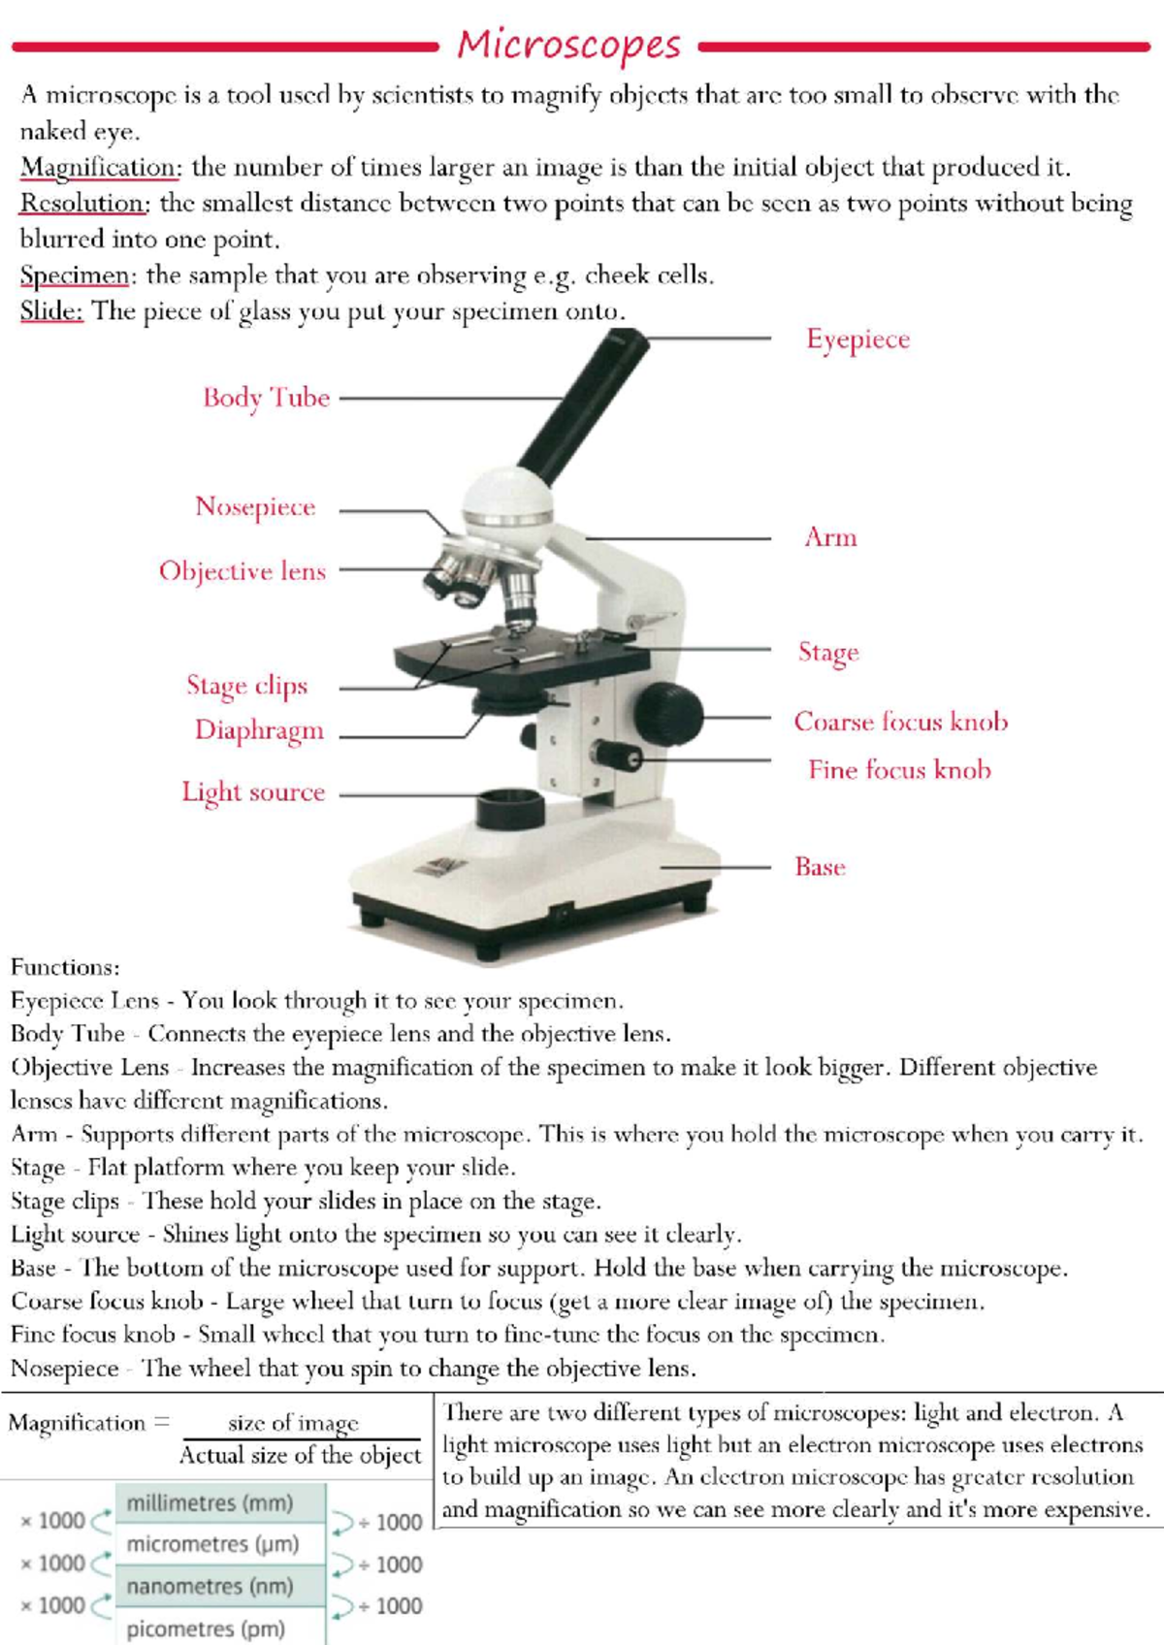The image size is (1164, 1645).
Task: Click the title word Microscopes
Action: (569, 46)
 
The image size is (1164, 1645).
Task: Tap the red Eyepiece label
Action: (858, 339)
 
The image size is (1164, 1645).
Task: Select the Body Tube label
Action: (267, 398)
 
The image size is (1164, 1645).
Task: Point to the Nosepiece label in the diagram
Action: (255, 506)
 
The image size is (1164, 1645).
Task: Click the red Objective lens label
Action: (242, 571)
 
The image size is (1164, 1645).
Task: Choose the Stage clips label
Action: (247, 686)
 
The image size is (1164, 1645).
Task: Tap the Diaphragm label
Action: (259, 730)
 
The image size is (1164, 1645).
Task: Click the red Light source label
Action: (253, 792)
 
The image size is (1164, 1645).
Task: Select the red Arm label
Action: (830, 537)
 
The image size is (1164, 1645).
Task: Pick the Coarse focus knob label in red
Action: (900, 722)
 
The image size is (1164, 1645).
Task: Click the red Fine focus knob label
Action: (899, 770)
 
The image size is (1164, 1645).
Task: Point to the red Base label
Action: (820, 867)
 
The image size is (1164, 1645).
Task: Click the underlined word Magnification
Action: (100, 168)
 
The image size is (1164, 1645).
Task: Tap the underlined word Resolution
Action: (84, 204)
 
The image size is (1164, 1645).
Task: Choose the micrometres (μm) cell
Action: (213, 1544)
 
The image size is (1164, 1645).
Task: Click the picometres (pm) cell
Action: (207, 1629)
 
